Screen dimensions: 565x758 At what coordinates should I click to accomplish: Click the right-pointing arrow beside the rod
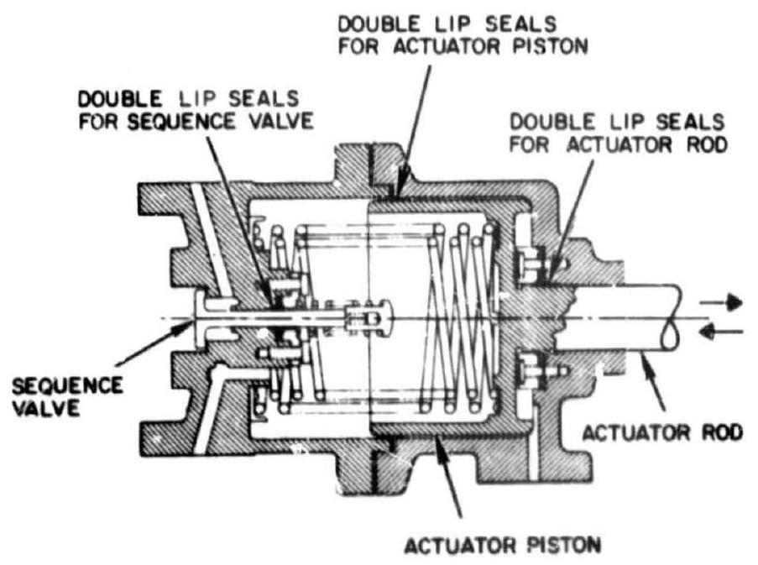pos(724,301)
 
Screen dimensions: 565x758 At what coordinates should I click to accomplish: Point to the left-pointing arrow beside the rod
pos(724,334)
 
